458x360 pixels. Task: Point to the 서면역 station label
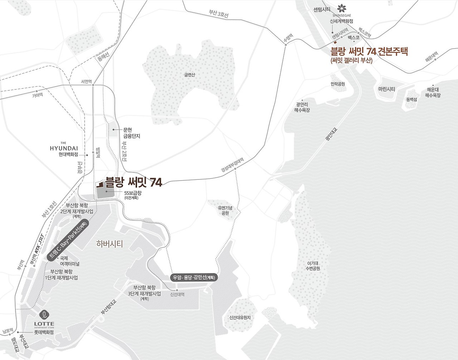(86, 82)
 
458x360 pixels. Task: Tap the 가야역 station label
(37, 95)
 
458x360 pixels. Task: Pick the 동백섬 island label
(411, 99)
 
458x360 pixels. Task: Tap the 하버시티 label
(109, 244)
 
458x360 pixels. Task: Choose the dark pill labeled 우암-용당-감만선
(194, 277)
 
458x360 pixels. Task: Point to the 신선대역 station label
(177, 295)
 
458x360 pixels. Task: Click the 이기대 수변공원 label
(313, 266)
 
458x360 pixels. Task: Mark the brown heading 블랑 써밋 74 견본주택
(369, 51)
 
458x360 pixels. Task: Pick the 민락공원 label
(338, 84)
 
